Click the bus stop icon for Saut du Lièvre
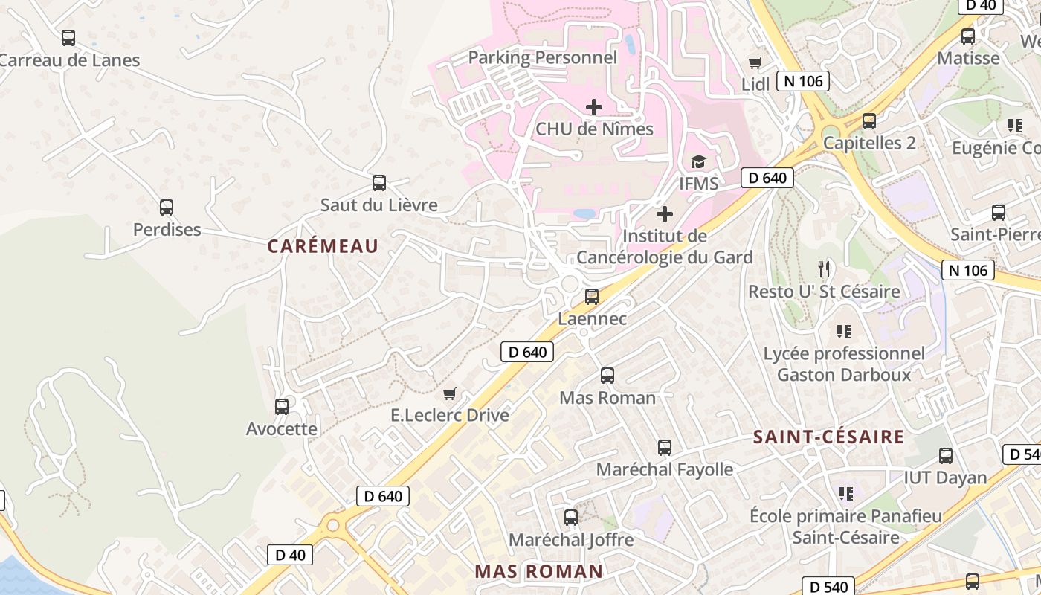pos(379,182)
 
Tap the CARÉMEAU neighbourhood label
pos(323,246)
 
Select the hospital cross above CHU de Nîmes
pos(594,107)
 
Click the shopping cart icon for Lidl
pos(755,63)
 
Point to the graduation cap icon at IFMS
pos(698,161)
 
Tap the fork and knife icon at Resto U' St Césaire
pos(824,269)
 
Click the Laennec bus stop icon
pos(592,297)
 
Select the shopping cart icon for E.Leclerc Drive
pos(449,393)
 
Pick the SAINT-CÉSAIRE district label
pos(828,437)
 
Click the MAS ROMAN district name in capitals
pos(539,571)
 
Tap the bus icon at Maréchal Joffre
pos(571,518)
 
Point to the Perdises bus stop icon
pos(167,208)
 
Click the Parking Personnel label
pos(543,57)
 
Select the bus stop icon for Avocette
pos(282,407)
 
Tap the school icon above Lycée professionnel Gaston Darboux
pos(844,331)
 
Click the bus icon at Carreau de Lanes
pos(68,38)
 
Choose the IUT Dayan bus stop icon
pos(946,456)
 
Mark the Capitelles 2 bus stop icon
pos(869,120)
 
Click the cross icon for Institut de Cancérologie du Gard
pos(665,215)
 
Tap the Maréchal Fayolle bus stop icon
pos(665,448)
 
